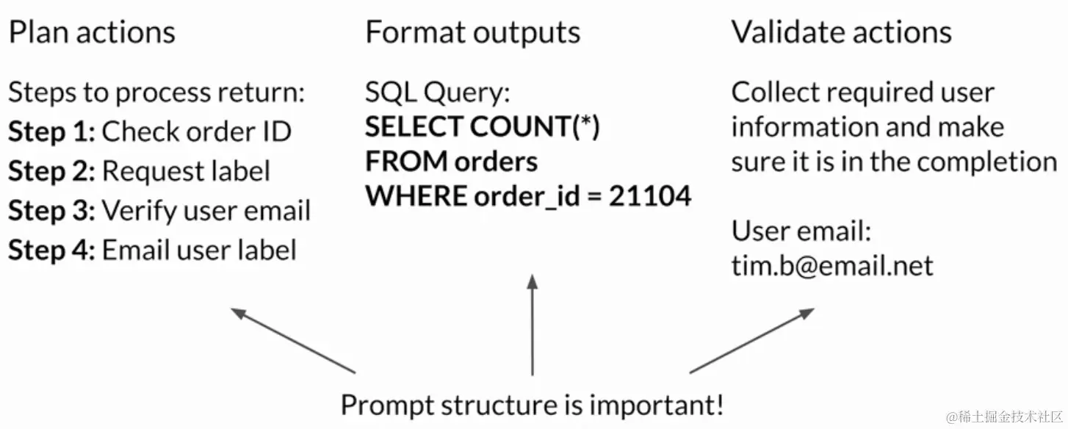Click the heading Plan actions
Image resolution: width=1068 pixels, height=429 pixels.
(x=92, y=32)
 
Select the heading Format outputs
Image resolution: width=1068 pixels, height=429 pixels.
(x=472, y=32)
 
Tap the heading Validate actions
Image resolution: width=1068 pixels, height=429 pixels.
(x=841, y=32)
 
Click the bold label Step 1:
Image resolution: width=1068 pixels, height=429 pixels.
(x=51, y=132)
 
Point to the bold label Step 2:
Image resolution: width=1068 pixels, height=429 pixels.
(x=51, y=171)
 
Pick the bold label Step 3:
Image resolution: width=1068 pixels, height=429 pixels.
(x=51, y=211)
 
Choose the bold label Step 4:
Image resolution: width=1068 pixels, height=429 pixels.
(x=51, y=250)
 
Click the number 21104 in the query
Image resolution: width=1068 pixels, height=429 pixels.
(x=650, y=196)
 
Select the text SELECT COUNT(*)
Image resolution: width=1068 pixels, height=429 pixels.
(x=483, y=127)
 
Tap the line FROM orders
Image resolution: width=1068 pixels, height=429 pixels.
(x=451, y=162)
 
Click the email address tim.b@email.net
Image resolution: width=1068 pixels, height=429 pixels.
(x=831, y=266)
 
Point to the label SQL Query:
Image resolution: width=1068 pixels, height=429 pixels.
(x=437, y=93)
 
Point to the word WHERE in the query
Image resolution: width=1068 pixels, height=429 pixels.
(x=416, y=196)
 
